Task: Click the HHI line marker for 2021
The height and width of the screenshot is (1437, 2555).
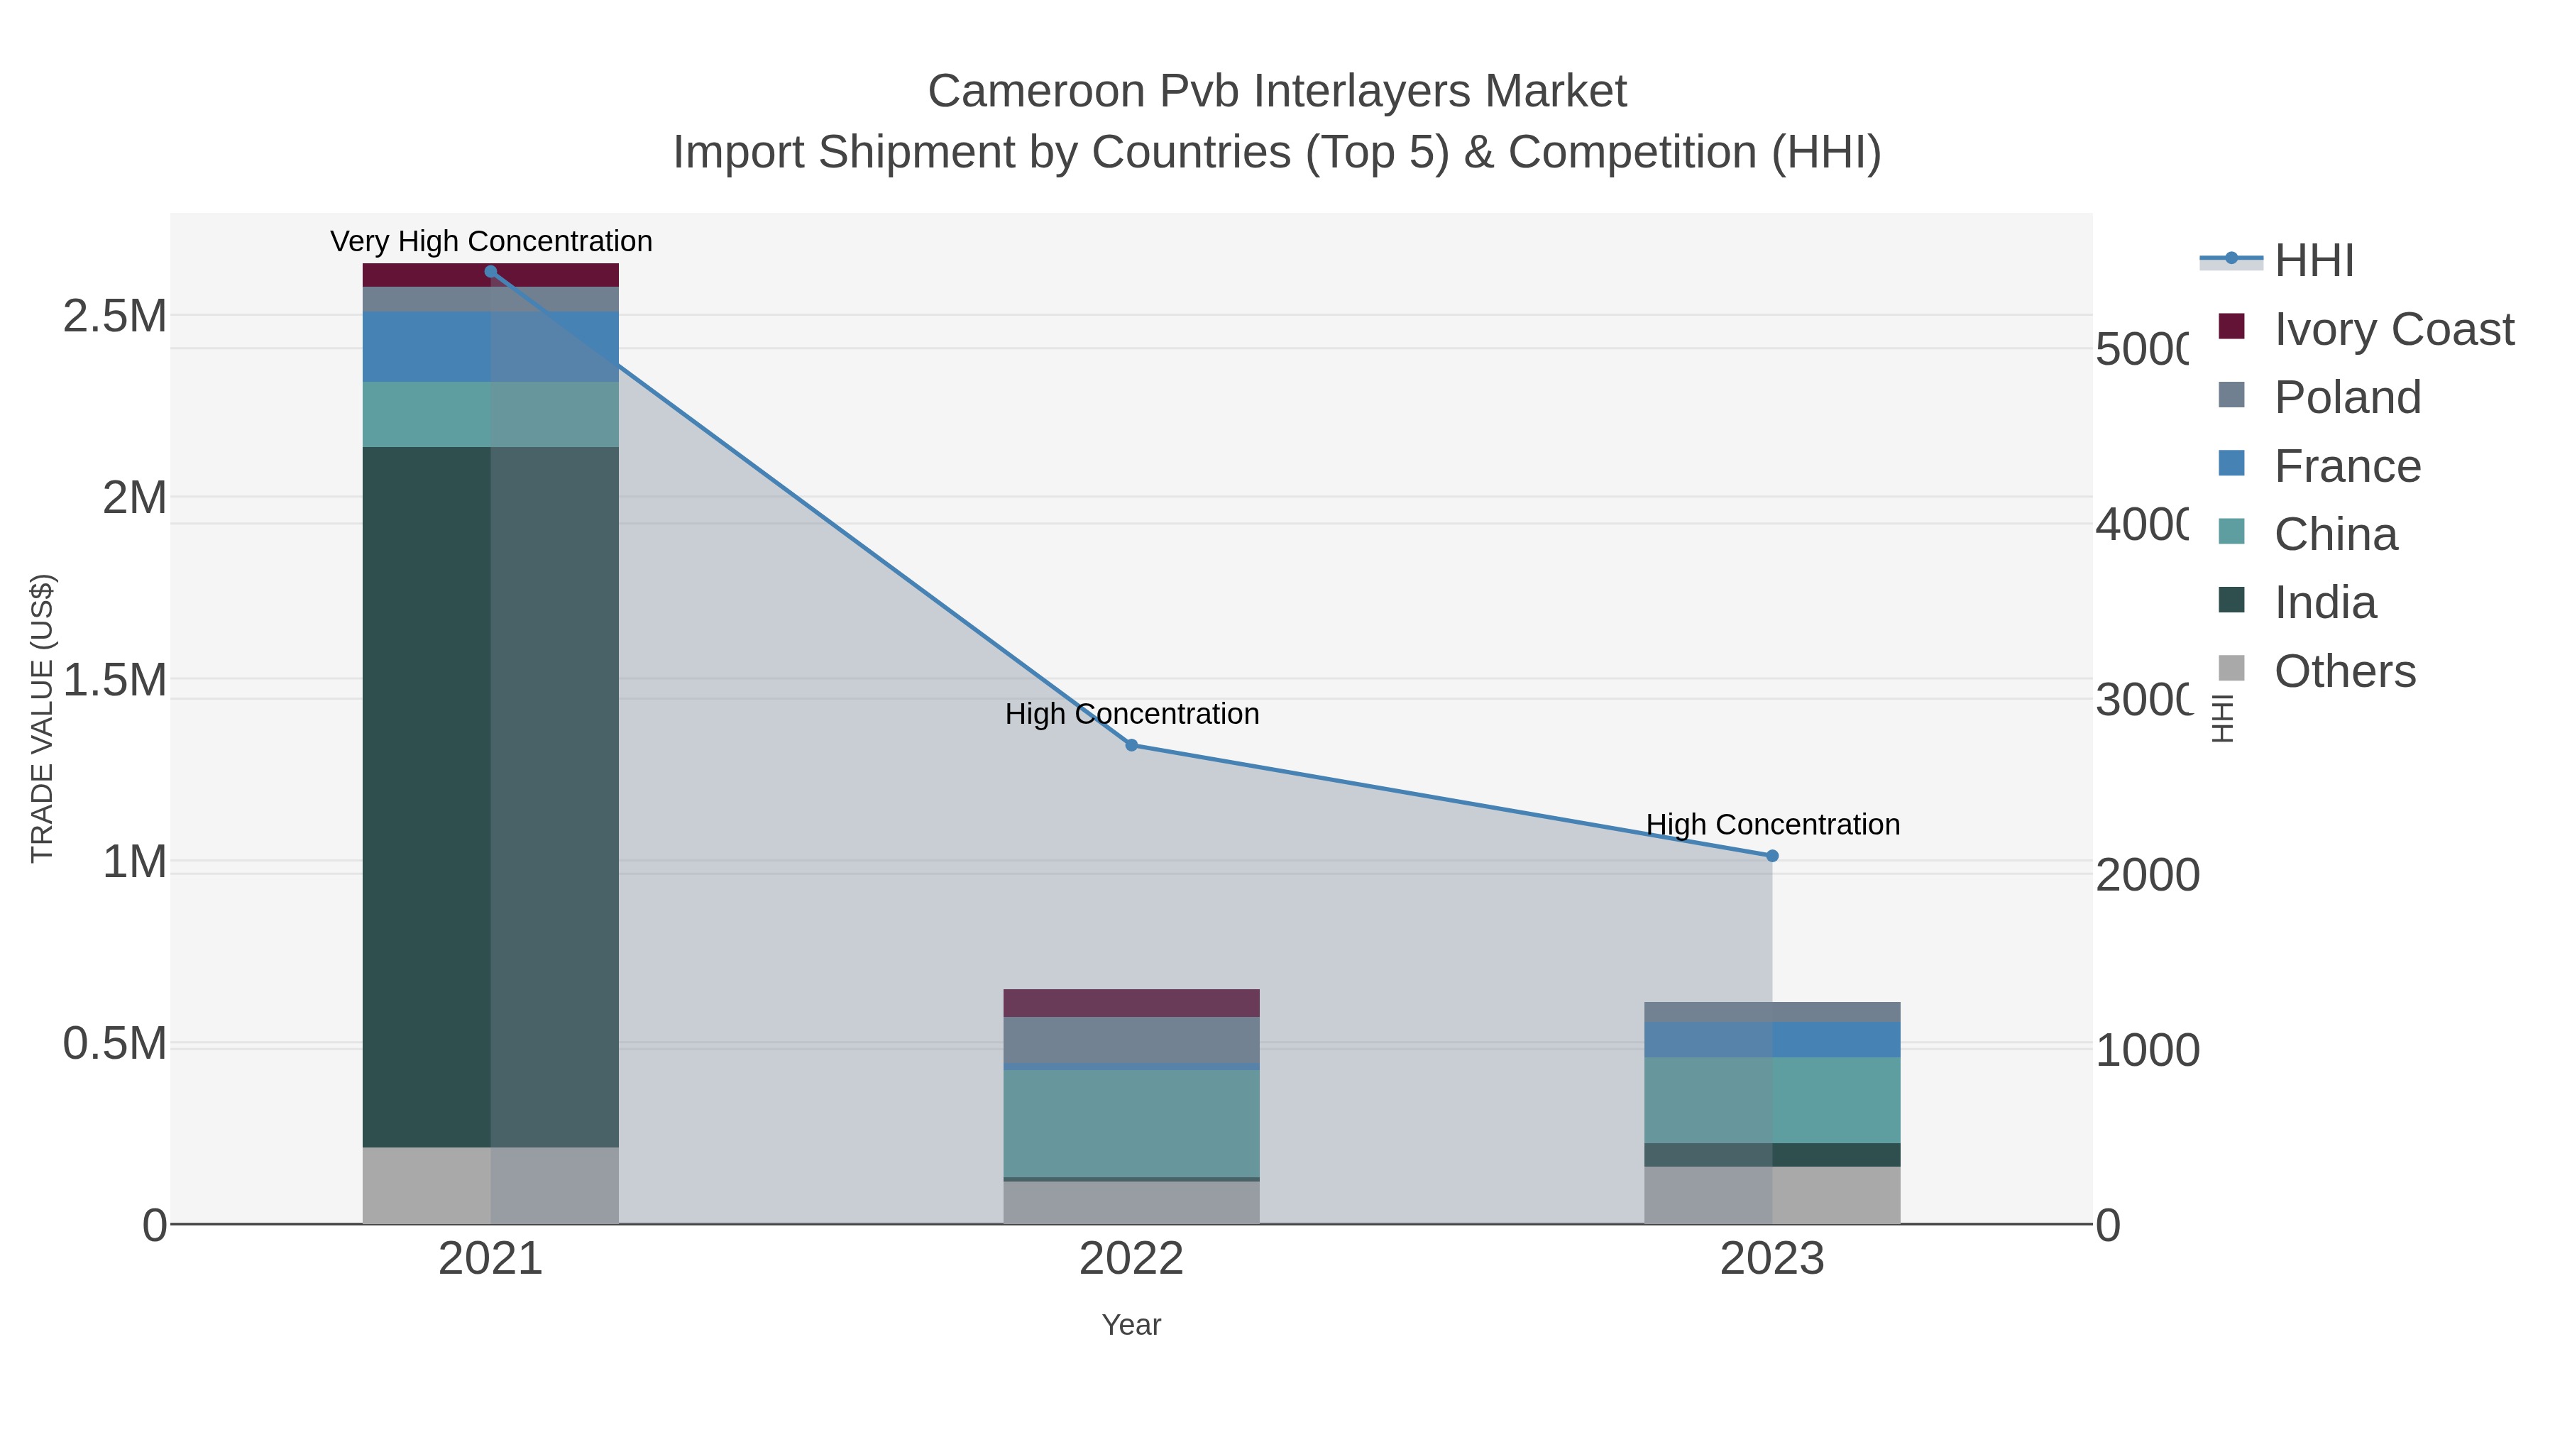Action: coord(490,272)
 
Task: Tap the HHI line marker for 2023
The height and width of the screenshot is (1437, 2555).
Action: coord(1772,856)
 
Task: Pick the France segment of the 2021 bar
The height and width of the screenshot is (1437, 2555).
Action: coord(490,346)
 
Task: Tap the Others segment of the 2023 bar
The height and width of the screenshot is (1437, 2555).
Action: coord(1772,1194)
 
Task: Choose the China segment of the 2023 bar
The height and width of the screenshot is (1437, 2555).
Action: coord(1772,1100)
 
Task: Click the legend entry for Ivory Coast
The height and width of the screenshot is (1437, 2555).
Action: coord(2392,329)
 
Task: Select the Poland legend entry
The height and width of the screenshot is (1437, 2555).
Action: coord(2347,397)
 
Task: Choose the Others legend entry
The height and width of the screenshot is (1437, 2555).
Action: coord(2344,671)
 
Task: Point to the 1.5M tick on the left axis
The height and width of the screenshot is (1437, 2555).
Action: coord(114,681)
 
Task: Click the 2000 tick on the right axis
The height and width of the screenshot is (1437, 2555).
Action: coord(2146,875)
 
